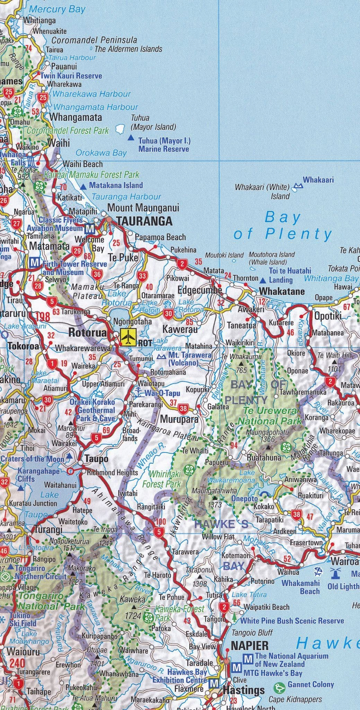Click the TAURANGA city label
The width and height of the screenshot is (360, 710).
pos(144,221)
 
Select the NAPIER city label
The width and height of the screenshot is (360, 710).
pos(249,646)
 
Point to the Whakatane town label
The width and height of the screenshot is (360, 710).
pos(282,291)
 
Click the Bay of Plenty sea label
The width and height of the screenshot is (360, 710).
pos(283,226)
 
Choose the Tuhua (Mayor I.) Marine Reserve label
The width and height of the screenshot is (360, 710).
pos(164,145)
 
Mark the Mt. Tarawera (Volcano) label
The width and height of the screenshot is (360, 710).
pos(190,359)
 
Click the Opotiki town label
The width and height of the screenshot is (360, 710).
pos(328,316)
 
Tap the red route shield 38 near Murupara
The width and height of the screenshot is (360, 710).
pos(183,408)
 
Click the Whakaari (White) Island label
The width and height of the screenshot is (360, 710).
pos(262,191)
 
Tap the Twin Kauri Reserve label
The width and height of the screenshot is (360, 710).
pos(71,76)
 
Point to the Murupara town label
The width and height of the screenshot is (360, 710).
pos(179,419)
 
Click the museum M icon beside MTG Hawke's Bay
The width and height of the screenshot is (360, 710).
pos(237,667)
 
